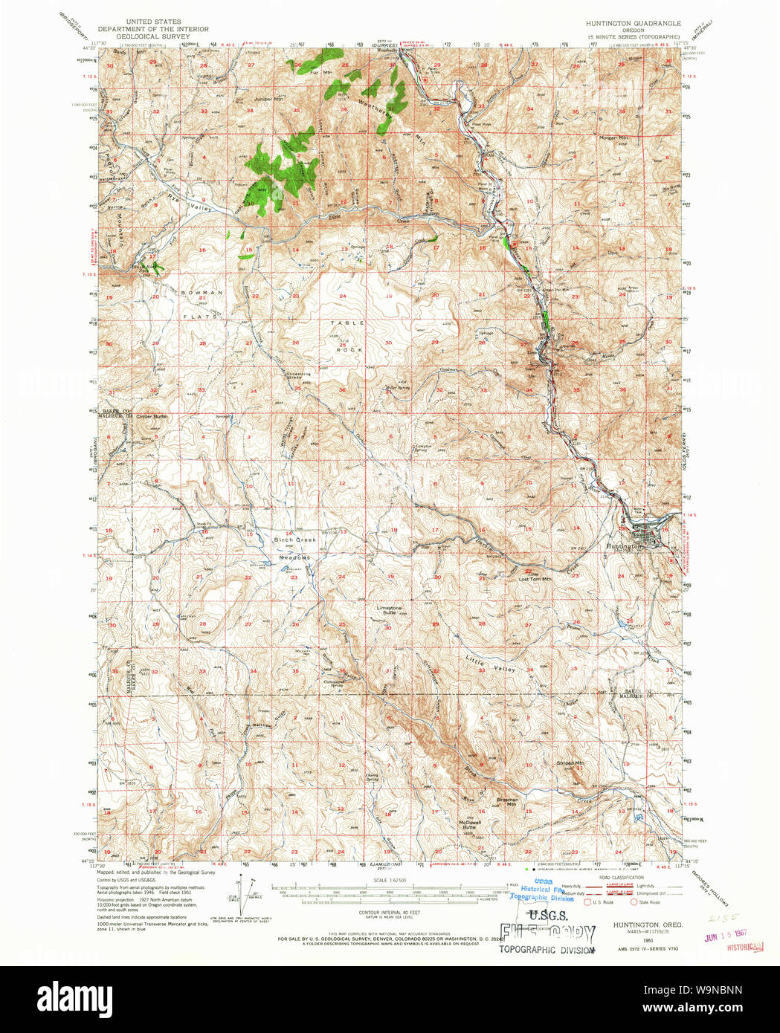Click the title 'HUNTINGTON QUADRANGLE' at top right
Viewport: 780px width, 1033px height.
pyautogui.click(x=633, y=23)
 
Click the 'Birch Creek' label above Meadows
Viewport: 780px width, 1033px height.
pyautogui.click(x=295, y=540)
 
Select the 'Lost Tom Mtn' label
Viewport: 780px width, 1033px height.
pyautogui.click(x=535, y=579)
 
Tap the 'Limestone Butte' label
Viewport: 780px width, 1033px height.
pyautogui.click(x=390, y=610)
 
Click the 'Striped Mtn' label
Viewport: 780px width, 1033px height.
pyautogui.click(x=570, y=763)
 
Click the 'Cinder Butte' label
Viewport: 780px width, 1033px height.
pyautogui.click(x=152, y=417)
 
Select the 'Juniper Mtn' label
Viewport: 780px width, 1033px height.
pyautogui.click(x=268, y=99)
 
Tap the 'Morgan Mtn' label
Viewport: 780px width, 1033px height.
pyautogui.click(x=613, y=137)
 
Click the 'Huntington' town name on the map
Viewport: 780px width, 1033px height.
pyautogui.click(x=623, y=546)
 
